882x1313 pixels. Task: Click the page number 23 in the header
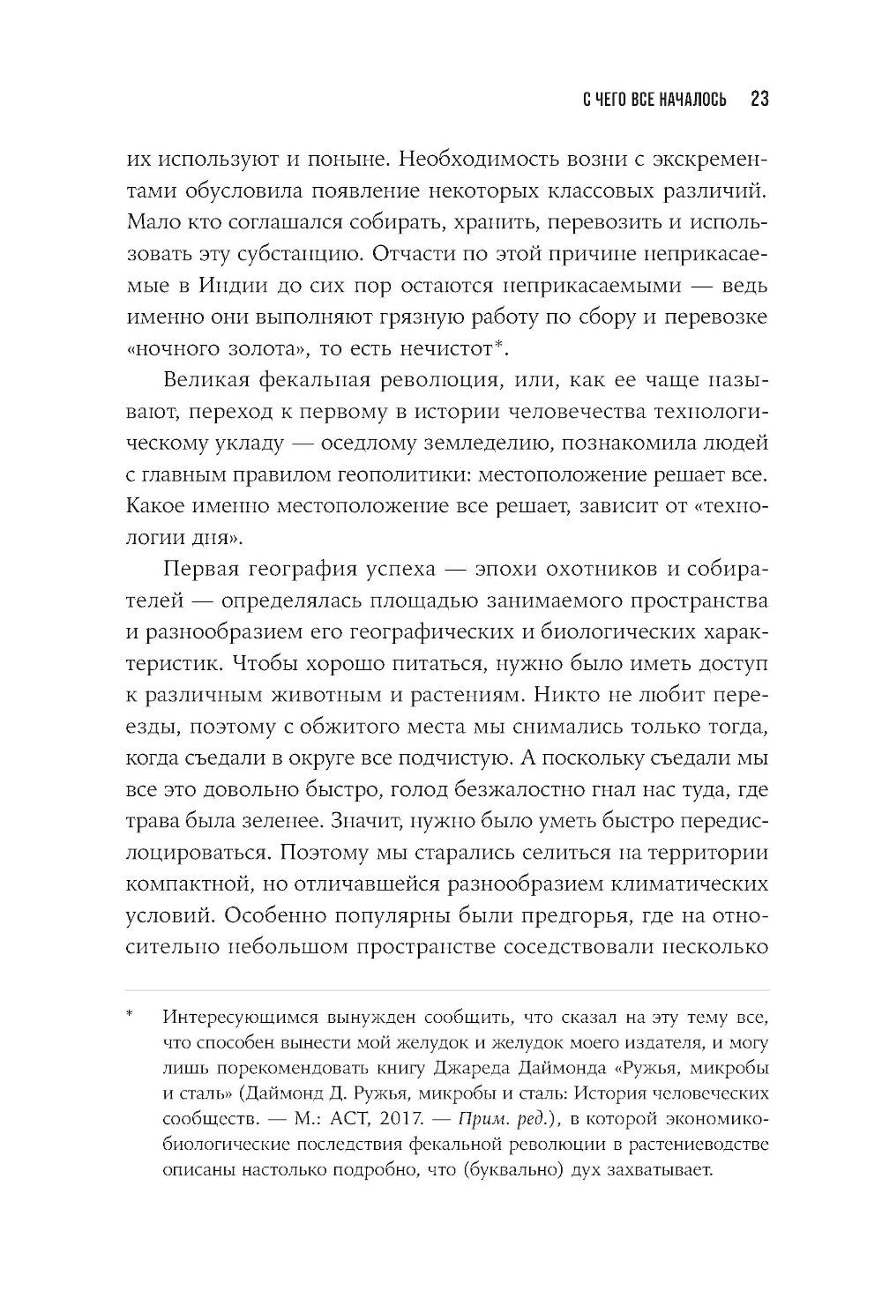pos(759,99)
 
